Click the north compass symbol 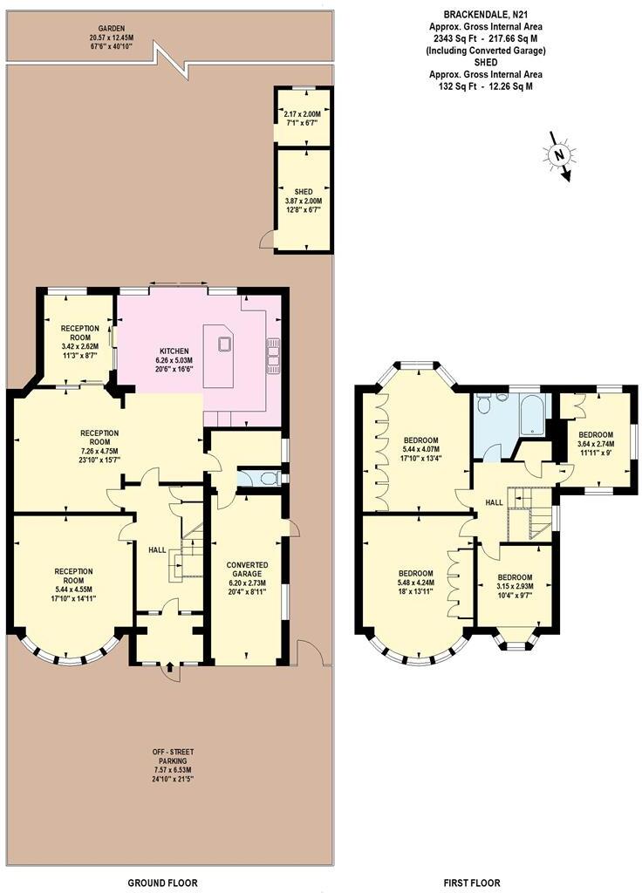[x=559, y=156]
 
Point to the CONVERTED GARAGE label [x=247, y=545]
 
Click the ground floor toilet [x=269, y=478]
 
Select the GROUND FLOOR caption [x=163, y=883]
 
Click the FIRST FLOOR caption [x=471, y=883]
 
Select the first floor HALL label [x=494, y=502]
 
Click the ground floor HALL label [x=157, y=549]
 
